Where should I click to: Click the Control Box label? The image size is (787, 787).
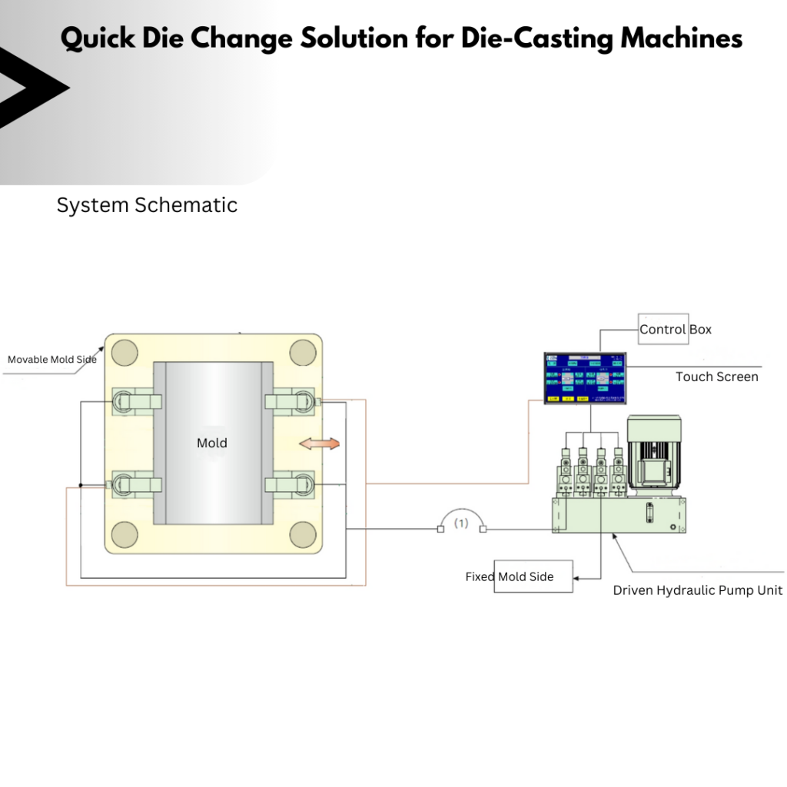[676, 330]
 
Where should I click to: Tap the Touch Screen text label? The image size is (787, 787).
[716, 377]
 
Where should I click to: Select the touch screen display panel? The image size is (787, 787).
[585, 377]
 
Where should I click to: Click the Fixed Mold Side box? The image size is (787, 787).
[533, 576]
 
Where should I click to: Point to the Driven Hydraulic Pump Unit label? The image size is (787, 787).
[697, 590]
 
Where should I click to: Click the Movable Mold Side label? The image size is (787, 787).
[52, 359]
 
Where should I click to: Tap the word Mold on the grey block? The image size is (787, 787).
[212, 443]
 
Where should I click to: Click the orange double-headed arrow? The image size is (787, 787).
[319, 444]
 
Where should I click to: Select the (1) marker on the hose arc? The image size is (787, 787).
[460, 523]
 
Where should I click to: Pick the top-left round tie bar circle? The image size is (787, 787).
[125, 353]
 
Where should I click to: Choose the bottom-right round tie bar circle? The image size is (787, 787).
[303, 534]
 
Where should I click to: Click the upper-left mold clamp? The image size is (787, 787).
[136, 400]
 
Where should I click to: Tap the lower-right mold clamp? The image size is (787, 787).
[289, 484]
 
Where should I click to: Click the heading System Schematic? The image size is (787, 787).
[147, 205]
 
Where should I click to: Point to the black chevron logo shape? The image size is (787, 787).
[31, 88]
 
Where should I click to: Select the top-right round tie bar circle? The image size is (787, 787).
[303, 353]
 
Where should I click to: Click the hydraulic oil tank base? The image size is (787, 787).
[619, 514]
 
